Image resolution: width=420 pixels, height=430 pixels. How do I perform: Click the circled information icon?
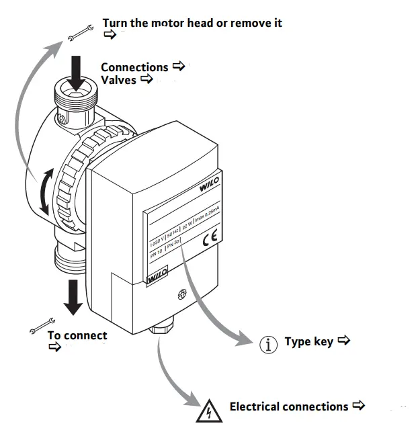coord(269,344)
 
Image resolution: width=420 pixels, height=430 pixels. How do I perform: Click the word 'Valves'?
coord(119,80)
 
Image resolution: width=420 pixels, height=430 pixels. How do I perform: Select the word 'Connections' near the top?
coord(134,67)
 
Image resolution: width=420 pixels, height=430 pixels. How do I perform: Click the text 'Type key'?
coord(308,341)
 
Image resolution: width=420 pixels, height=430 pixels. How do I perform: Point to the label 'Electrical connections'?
coord(289,406)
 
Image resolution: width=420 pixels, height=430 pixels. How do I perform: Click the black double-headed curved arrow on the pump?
coord(45,193)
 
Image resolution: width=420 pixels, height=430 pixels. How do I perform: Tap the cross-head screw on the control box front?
coord(180,294)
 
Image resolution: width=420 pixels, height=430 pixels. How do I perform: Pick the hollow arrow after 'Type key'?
coord(343,341)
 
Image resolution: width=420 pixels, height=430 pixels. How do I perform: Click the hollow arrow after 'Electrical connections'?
coord(358,406)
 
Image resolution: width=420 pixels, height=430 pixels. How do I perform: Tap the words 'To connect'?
coord(77,335)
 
